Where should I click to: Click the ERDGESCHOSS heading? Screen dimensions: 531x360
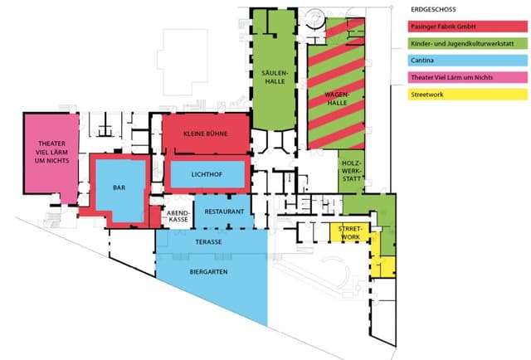(433, 9)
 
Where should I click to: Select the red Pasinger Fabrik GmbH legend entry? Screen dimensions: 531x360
(467, 27)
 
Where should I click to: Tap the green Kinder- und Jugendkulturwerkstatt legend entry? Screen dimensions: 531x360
(467, 43)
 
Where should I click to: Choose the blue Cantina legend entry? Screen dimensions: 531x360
(467, 61)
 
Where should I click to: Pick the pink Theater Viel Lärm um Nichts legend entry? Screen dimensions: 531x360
(467, 77)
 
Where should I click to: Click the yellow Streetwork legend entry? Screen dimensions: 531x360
(467, 95)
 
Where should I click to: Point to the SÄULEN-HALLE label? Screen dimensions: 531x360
(275, 77)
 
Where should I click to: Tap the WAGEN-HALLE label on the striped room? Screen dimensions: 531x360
(337, 98)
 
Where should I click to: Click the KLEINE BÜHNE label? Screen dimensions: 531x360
(206, 134)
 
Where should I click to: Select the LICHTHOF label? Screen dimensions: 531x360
(207, 175)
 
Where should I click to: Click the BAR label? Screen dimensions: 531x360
(119, 187)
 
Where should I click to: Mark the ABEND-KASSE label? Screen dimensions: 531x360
(178, 216)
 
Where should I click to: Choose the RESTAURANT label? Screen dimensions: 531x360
(224, 212)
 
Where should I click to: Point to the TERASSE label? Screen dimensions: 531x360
(208, 242)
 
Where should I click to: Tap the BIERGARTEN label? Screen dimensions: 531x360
(208, 272)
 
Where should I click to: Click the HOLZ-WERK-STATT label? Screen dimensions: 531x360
(352, 171)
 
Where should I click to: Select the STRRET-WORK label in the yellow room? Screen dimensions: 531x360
(350, 233)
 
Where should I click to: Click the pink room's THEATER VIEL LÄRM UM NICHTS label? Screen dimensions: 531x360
(51, 152)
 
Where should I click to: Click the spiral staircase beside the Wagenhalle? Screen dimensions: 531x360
(315, 19)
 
